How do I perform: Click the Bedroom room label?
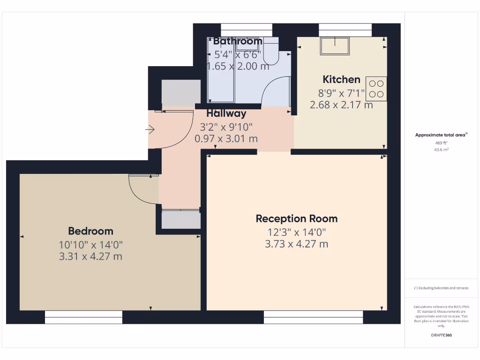[x=90, y=231]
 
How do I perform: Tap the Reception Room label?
[x=296, y=218]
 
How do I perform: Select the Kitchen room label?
[x=341, y=79]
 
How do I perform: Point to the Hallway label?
[x=226, y=113]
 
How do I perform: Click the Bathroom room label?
[x=237, y=41]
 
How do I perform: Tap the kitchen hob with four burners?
[x=376, y=89]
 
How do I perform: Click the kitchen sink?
[x=335, y=45]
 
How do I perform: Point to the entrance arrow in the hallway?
[x=150, y=129]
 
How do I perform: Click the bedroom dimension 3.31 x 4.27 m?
[x=90, y=256]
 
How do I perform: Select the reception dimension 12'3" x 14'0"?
[x=296, y=232]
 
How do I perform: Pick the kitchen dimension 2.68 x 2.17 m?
[x=341, y=105]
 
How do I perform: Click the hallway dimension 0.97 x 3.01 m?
[x=226, y=139]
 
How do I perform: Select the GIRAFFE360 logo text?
[x=441, y=335]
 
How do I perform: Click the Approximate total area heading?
[x=441, y=135]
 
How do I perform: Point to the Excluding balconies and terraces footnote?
[x=441, y=288]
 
